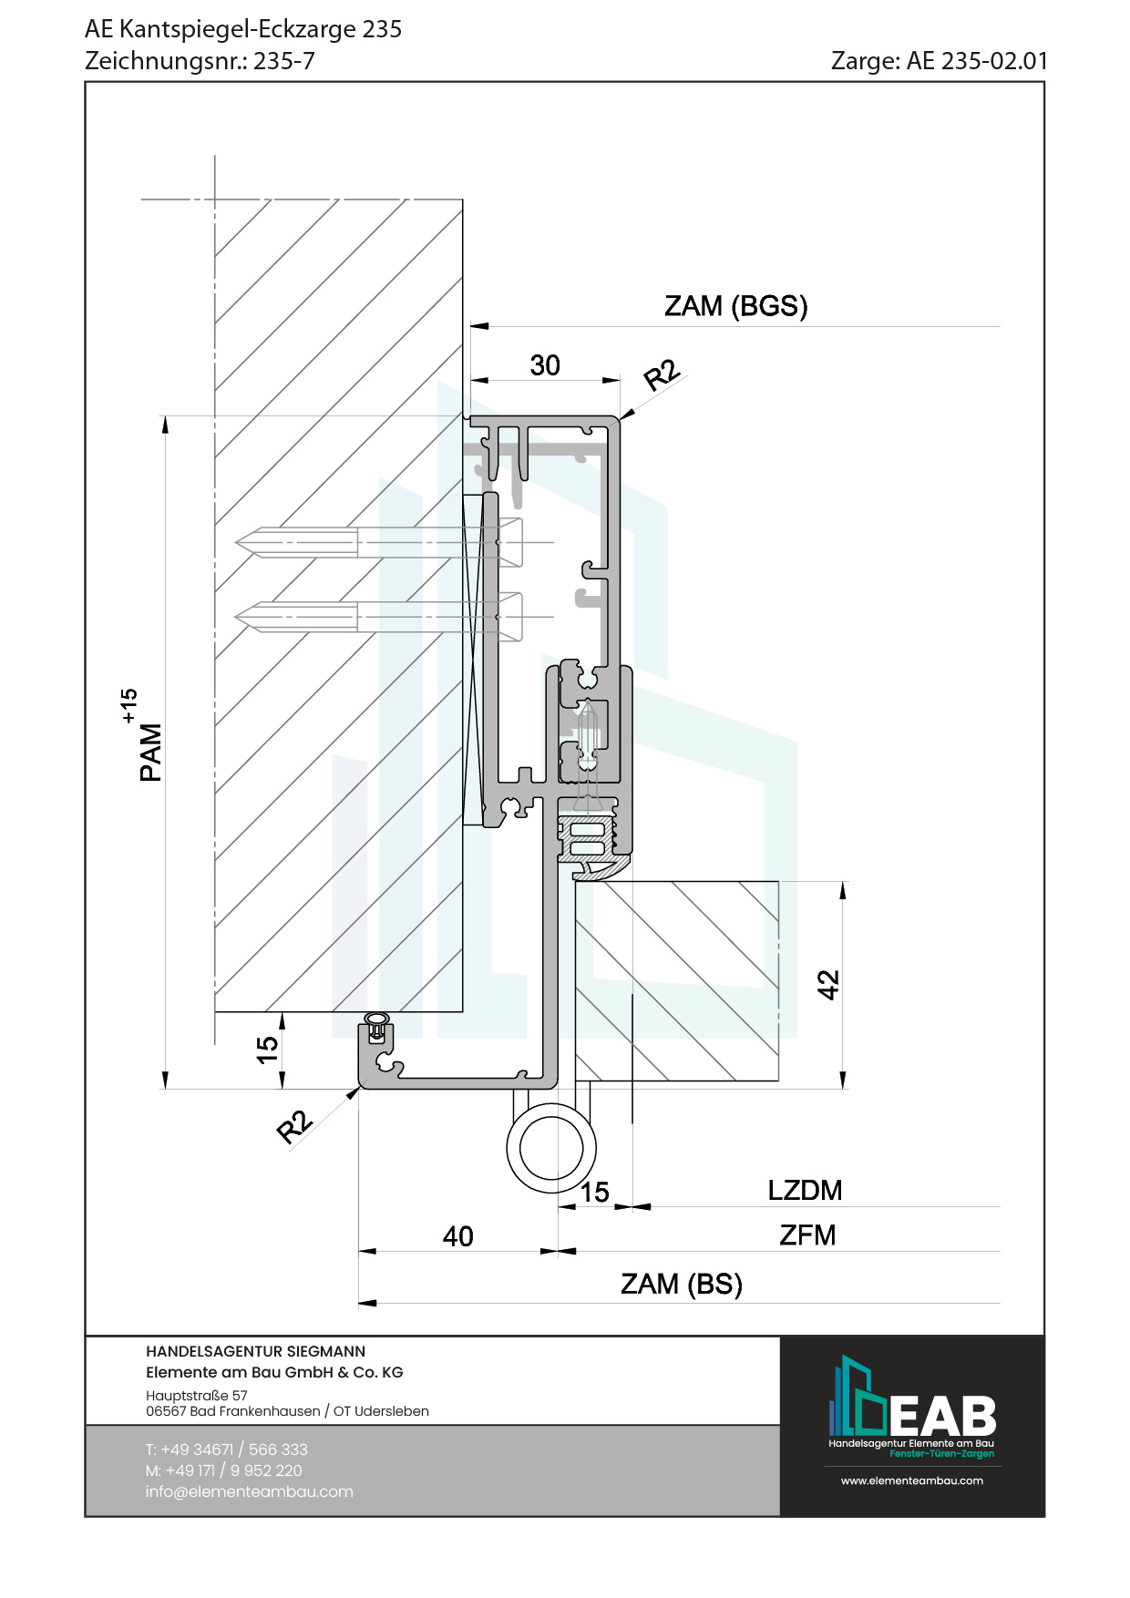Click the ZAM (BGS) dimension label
735,306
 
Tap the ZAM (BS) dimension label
682,1284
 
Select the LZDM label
805,1190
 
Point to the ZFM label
807,1235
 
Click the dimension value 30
545,365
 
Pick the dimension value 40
457,1236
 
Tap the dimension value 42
828,985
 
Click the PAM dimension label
150,753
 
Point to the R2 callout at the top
662,374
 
